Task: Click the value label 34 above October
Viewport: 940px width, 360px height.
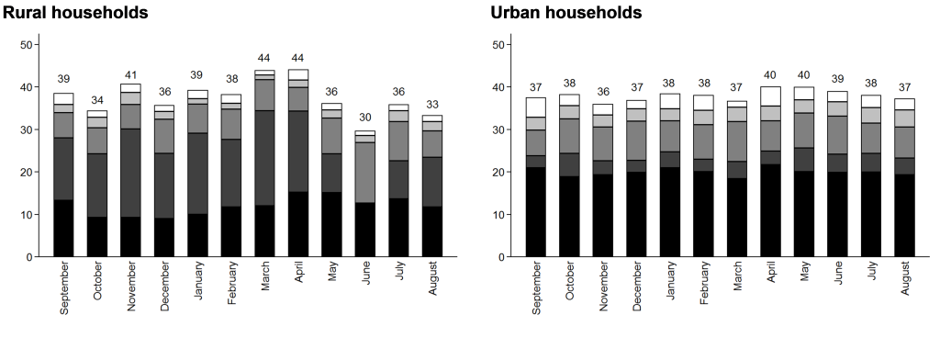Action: click(96, 99)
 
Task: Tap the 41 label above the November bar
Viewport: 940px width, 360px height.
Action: click(130, 75)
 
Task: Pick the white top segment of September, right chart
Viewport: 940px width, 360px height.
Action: click(535, 107)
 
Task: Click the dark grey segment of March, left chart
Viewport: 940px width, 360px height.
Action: click(264, 158)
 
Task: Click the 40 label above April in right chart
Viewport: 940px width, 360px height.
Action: click(771, 75)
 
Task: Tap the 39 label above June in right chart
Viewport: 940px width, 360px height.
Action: click(838, 80)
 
